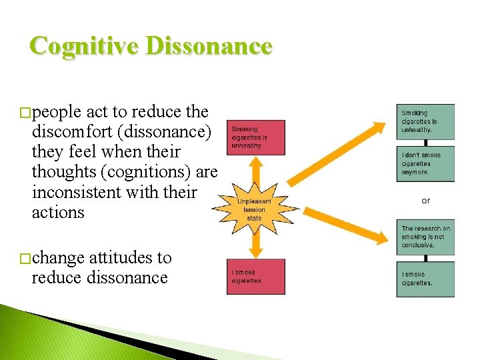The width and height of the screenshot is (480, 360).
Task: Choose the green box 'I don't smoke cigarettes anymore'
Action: (425, 164)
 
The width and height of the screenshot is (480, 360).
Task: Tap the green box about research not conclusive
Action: (425, 237)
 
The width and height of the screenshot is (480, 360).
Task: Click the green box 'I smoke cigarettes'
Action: (425, 279)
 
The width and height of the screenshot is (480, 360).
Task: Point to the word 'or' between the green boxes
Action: (426, 201)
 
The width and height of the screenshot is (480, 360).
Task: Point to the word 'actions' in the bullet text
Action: (58, 213)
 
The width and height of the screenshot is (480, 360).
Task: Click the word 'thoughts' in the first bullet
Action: (63, 173)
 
